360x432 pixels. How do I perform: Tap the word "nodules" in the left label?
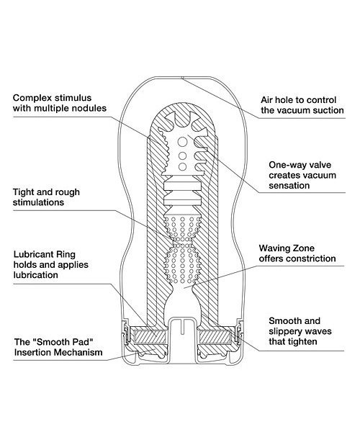click(x=89, y=108)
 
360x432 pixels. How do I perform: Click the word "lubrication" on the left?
click(x=36, y=275)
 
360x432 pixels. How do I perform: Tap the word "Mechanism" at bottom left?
click(x=80, y=352)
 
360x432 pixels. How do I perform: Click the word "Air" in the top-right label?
click(x=267, y=100)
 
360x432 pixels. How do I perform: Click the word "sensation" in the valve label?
click(x=289, y=186)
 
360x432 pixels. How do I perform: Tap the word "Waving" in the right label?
click(x=274, y=248)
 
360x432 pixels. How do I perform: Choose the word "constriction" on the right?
click(x=311, y=258)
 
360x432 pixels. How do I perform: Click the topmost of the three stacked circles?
click(x=182, y=142)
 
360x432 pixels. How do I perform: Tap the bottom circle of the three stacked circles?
click(x=182, y=167)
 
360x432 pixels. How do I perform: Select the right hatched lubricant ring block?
click(x=215, y=337)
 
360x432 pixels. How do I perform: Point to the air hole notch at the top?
click(x=182, y=78)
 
